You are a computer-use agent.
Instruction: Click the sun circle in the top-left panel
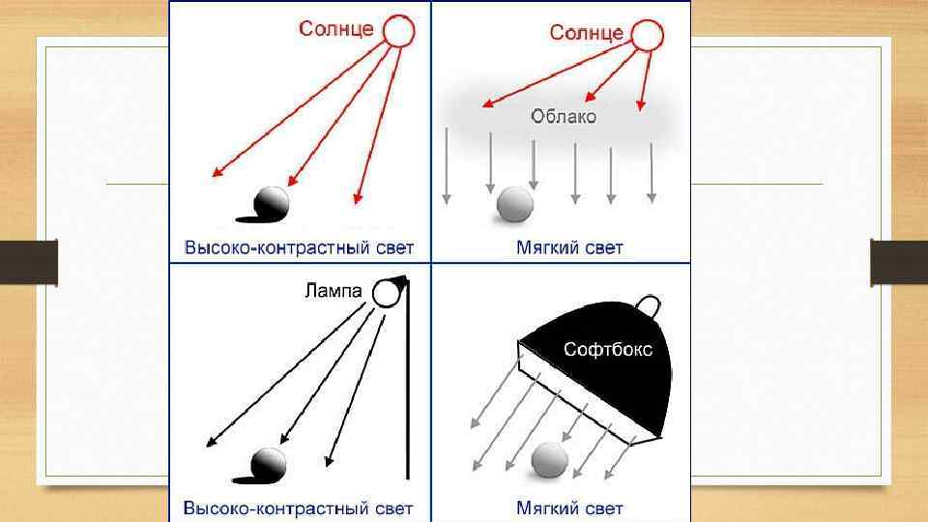398,32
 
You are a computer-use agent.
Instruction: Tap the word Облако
564,117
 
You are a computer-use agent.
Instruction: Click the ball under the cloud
515,204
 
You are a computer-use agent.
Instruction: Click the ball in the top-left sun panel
272,202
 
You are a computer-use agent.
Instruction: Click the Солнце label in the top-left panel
334,29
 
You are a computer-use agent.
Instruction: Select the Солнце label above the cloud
586,32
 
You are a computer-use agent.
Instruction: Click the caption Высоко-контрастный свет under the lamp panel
298,507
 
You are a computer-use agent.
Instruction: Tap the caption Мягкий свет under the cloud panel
569,247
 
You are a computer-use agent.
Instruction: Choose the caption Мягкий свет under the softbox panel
569,507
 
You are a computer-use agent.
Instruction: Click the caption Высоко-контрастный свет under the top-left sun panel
298,247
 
